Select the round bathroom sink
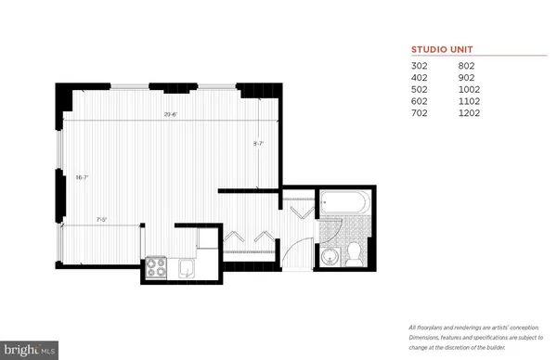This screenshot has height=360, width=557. pyautogui.click(x=330, y=253)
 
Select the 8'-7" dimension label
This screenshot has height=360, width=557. pyautogui.click(x=260, y=144)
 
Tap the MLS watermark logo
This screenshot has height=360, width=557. pyautogui.click(x=28, y=351)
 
